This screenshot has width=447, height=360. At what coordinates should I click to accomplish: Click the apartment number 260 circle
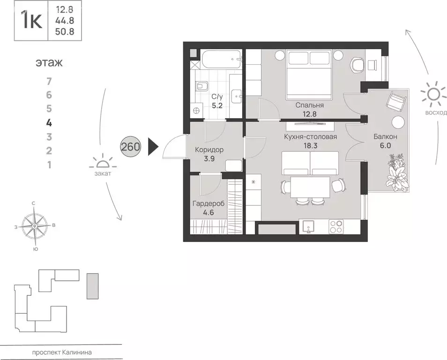[x=131, y=147]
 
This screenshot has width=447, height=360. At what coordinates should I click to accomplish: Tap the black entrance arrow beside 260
[x=153, y=147]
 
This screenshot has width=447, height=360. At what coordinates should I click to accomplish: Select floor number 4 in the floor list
[x=49, y=123]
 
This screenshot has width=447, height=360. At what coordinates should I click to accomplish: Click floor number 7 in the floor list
[x=49, y=82]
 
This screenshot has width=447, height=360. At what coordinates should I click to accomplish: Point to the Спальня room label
[x=310, y=105]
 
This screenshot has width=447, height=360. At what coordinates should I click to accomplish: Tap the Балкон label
[x=386, y=136]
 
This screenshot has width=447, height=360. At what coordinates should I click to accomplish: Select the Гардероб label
[x=209, y=204]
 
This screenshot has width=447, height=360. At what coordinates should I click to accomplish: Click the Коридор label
[x=209, y=150]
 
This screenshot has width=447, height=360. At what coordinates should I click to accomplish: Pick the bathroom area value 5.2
[x=217, y=105]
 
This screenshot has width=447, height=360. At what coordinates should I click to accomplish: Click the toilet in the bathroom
[x=202, y=85]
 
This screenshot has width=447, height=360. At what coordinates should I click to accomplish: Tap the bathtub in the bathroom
[x=222, y=60]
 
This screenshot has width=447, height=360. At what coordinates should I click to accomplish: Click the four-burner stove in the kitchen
[x=336, y=227]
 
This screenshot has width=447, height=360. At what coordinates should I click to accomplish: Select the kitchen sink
[x=308, y=227]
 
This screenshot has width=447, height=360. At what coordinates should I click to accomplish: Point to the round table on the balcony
[x=398, y=122]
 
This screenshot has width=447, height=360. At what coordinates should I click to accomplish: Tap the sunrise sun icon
[x=433, y=93]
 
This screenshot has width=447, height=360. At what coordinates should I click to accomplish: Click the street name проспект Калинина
[x=62, y=352]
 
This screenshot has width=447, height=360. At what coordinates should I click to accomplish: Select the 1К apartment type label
[x=32, y=21]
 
